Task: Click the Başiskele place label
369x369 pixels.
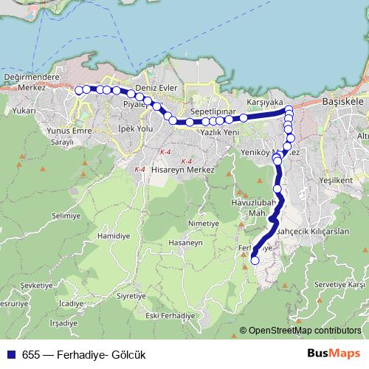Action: [x=343, y=105]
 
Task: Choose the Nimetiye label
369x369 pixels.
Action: [x=204, y=223]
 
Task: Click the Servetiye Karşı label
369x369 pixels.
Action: [x=339, y=284]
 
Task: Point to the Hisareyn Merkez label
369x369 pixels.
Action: [x=182, y=170]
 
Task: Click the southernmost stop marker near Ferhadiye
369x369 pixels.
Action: [x=255, y=259]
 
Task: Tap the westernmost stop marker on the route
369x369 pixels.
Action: [x=78, y=90]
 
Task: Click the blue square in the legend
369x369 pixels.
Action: [x=11, y=355]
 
